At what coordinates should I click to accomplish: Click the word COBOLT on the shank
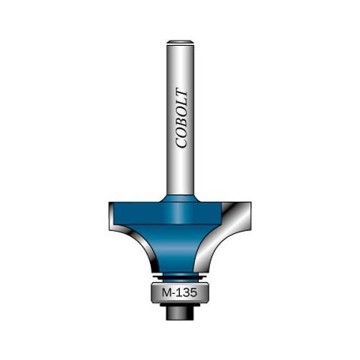click(181, 118)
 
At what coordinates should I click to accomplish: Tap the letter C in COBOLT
click(181, 142)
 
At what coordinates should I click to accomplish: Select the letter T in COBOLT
click(181, 92)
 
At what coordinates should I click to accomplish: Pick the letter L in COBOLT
click(181, 101)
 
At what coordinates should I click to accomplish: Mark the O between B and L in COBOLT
click(181, 111)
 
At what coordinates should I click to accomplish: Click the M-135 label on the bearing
click(179, 292)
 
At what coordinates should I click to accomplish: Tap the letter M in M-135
click(166, 292)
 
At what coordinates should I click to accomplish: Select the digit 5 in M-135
click(193, 292)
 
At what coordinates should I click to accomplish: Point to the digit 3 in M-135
click(185, 292)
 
